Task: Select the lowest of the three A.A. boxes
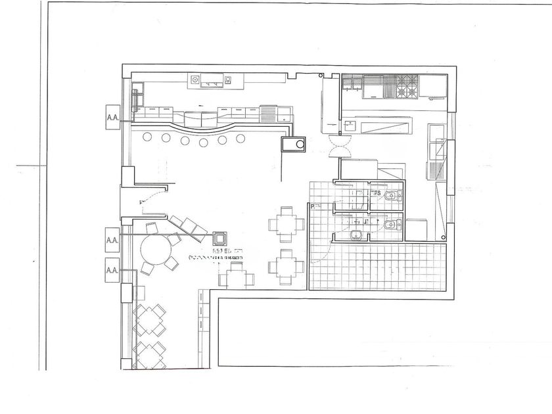111,269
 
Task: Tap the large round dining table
154,251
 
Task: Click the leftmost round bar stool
147,137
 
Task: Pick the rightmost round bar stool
241,138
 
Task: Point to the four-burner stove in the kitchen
405,86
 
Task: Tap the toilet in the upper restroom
392,196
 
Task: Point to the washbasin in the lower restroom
356,235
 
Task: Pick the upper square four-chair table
287,222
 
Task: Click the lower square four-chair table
285,267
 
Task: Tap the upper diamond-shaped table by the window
148,318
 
